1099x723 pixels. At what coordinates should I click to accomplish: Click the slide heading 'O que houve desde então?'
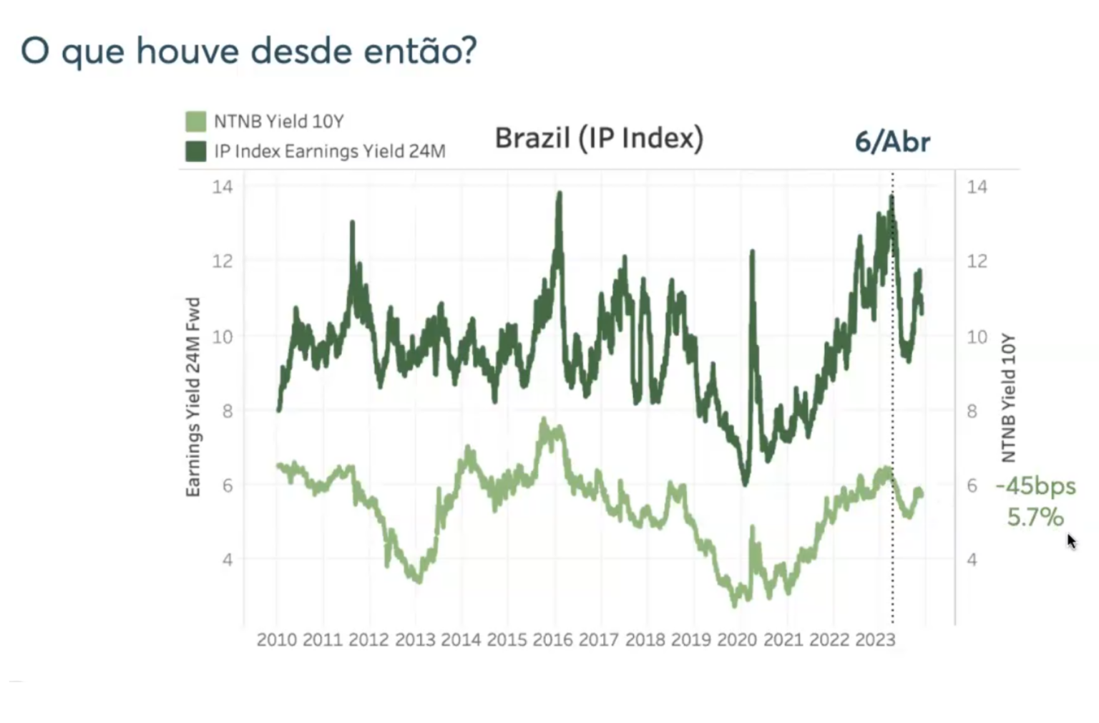[x=248, y=52]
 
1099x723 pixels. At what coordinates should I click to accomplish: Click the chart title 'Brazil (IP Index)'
[x=599, y=137]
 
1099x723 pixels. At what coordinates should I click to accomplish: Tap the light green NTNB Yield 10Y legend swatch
[x=195, y=121]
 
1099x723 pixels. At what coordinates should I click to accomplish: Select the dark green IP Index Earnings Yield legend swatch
[x=195, y=151]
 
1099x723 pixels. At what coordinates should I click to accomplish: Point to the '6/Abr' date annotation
[x=892, y=142]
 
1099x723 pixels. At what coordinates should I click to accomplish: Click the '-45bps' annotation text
[x=1035, y=486]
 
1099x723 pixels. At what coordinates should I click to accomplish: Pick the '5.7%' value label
[x=1035, y=517]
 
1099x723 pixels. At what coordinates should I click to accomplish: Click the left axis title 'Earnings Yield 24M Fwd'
[x=193, y=397]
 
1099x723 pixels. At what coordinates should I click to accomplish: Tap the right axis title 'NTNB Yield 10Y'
[x=1008, y=397]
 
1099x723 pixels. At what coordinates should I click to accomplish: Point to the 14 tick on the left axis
[x=223, y=187]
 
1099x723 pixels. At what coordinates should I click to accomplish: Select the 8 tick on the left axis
[x=227, y=411]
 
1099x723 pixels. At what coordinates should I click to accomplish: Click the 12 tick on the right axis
[x=977, y=261]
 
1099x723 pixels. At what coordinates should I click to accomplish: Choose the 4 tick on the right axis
[x=972, y=560]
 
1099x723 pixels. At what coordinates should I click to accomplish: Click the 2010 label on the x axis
[x=276, y=639]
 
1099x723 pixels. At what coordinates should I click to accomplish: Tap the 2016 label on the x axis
[x=552, y=639]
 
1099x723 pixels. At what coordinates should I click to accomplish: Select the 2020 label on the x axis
[x=736, y=639]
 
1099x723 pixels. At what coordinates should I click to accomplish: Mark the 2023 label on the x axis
[x=874, y=639]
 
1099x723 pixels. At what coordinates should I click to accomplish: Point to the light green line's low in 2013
[x=419, y=580]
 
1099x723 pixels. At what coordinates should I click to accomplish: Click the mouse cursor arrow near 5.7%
[x=1071, y=541]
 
